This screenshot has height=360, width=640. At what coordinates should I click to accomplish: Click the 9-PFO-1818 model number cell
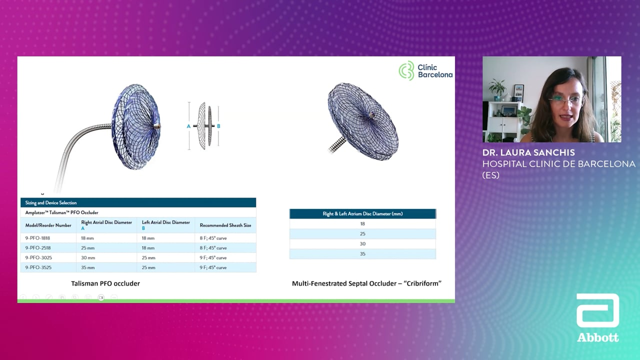(37, 238)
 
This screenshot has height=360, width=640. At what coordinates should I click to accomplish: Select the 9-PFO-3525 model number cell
(38, 267)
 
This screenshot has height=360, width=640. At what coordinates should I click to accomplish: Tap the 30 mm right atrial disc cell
(88, 257)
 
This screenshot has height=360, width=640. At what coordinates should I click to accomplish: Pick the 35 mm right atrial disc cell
(88, 267)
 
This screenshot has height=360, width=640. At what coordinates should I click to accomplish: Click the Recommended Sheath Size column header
(225, 225)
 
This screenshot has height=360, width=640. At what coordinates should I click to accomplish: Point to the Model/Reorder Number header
(48, 225)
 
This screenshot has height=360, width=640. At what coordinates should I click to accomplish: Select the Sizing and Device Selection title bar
(138, 202)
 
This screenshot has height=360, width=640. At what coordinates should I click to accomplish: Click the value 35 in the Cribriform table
(362, 253)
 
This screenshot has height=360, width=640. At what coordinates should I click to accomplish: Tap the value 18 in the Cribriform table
(362, 223)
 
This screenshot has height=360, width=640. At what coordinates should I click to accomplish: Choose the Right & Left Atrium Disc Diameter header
(362, 213)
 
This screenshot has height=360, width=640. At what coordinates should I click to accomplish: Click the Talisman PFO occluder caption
(105, 283)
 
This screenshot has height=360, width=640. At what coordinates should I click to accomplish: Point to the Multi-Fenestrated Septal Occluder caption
(366, 283)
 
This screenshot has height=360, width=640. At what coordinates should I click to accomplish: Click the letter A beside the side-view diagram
(188, 126)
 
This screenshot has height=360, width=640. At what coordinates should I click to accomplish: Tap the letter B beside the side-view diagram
(218, 126)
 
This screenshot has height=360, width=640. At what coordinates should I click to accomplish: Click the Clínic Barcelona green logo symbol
(406, 70)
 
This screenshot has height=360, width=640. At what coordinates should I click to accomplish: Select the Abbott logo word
(597, 337)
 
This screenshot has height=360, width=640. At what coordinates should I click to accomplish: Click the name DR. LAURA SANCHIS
(528, 152)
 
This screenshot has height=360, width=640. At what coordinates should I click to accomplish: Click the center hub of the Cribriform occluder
(371, 115)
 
